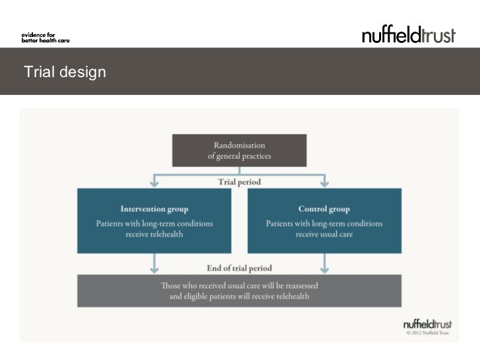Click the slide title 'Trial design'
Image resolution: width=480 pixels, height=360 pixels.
click(x=65, y=72)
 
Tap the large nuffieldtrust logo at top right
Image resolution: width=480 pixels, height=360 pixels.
click(x=408, y=35)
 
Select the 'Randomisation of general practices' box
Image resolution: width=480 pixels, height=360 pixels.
click(x=239, y=150)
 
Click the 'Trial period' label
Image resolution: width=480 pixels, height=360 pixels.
click(x=239, y=182)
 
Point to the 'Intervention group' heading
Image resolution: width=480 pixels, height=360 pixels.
click(x=154, y=209)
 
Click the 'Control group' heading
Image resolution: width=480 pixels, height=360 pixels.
click(x=324, y=209)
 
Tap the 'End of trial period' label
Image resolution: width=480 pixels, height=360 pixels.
click(x=239, y=268)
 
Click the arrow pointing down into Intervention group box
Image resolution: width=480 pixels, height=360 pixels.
click(x=154, y=180)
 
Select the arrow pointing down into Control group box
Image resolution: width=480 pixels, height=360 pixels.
click(x=324, y=180)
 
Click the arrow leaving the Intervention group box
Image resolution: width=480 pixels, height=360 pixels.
click(x=154, y=264)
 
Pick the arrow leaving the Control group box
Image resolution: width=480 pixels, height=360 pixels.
click(x=324, y=264)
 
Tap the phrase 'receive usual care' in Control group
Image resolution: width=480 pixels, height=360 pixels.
click(x=324, y=235)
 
